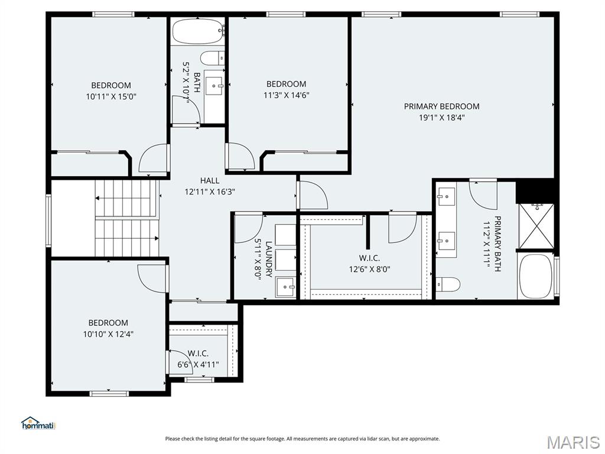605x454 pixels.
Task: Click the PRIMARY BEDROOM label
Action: click(x=441, y=106)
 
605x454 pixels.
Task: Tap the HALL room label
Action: click(x=209, y=180)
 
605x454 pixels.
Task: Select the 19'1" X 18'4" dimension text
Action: click(x=441, y=117)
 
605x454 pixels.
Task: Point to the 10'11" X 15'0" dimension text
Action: click(x=111, y=96)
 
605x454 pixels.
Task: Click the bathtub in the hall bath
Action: click(x=198, y=31)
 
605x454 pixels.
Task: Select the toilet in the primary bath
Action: click(x=448, y=285)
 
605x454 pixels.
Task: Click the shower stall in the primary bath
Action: click(x=536, y=225)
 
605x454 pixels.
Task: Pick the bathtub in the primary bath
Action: click(x=536, y=276)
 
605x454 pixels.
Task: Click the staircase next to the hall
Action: click(x=127, y=219)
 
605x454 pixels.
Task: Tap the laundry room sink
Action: click(x=287, y=287)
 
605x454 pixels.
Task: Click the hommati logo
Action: click(x=38, y=423)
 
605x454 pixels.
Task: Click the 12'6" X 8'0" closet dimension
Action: click(x=369, y=268)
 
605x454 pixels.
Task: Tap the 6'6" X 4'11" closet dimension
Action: click(x=198, y=364)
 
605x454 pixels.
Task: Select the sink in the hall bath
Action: click(x=215, y=86)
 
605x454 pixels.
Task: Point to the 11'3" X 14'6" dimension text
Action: click(x=287, y=95)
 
